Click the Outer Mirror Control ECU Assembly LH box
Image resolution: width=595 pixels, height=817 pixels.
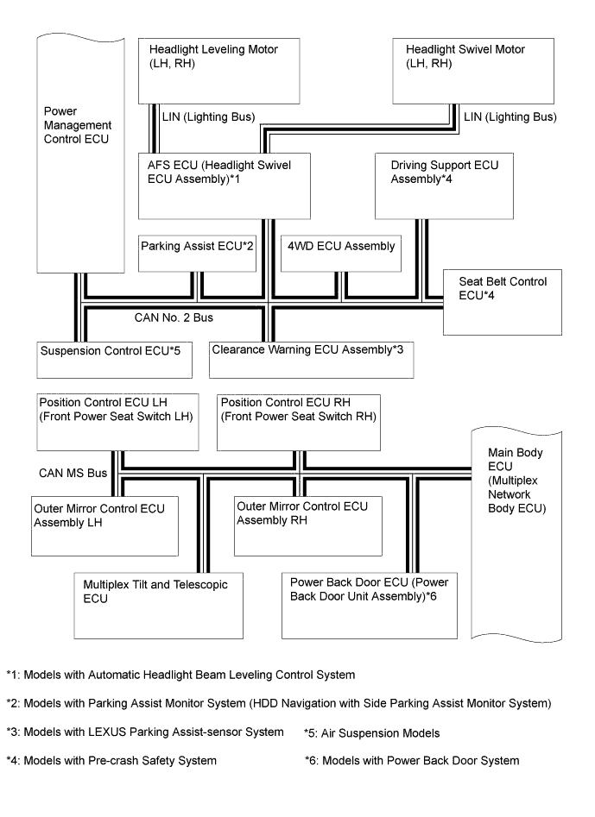[105, 525]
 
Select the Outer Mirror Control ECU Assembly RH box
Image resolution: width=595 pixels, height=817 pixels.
[296, 524]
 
